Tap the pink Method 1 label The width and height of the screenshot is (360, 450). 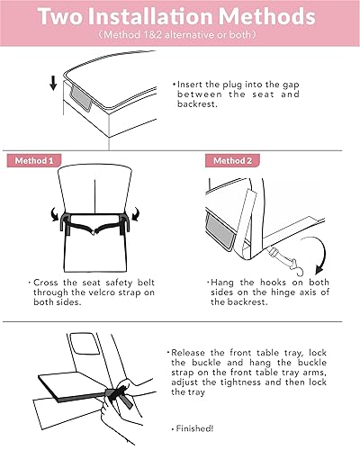point(38,161)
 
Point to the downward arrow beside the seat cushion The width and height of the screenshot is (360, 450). point(53,84)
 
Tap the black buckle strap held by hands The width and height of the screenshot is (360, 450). point(119,393)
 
